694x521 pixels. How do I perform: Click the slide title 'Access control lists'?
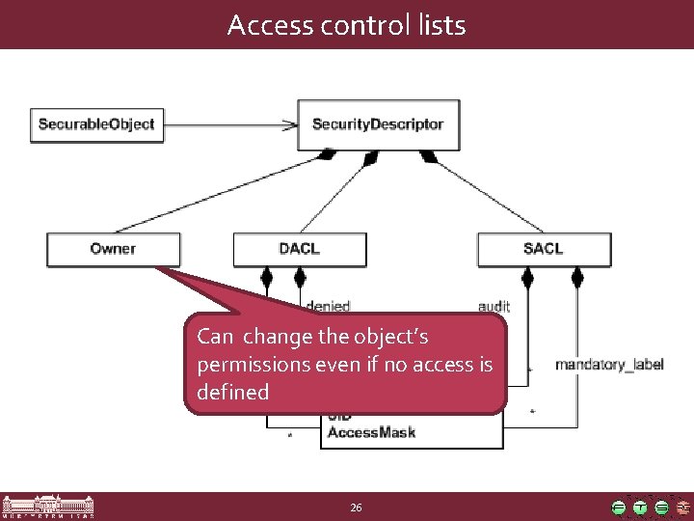[x=346, y=25]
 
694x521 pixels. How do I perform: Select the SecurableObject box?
[x=95, y=124]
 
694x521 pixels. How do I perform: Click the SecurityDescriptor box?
[x=378, y=124]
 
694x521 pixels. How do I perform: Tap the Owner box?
[x=113, y=249]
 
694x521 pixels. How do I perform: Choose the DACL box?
[x=299, y=249]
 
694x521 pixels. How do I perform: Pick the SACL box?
[x=544, y=249]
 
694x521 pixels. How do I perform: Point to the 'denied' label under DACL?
[x=327, y=306]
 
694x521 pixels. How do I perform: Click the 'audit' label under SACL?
[x=494, y=306]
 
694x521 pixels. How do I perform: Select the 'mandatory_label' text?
[x=609, y=366]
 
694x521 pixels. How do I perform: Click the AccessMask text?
[x=371, y=433]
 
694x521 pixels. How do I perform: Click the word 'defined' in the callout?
[x=233, y=393]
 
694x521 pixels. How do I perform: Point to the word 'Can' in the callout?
[x=214, y=338]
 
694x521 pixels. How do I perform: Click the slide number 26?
[x=356, y=507]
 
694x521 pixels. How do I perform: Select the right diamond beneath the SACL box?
[x=577, y=280]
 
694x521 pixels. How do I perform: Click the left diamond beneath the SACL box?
[x=527, y=280]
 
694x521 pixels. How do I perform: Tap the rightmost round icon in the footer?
[x=681, y=507]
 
